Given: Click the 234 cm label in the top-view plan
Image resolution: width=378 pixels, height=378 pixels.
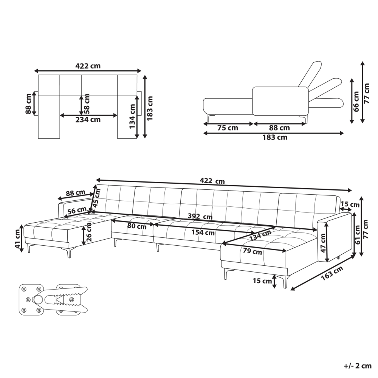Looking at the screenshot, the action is click(x=88, y=119).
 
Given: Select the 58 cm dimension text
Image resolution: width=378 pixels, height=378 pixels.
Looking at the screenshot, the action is click(x=87, y=104).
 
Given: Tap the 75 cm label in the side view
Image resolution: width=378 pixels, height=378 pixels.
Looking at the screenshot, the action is click(x=228, y=128).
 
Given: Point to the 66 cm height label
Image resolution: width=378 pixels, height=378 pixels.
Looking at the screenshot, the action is click(x=356, y=101).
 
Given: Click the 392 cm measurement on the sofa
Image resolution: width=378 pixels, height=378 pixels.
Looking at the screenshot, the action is click(x=200, y=217).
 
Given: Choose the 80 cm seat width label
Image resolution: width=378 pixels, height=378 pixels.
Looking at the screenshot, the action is click(x=137, y=226).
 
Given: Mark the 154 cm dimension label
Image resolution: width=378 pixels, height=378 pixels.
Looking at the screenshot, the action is click(x=203, y=232).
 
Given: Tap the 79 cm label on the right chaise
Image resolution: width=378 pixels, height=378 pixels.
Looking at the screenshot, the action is click(x=252, y=251).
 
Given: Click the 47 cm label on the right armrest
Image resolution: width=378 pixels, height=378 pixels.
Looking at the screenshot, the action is click(x=323, y=243).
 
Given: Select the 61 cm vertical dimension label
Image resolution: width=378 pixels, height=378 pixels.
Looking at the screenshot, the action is click(x=357, y=235).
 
